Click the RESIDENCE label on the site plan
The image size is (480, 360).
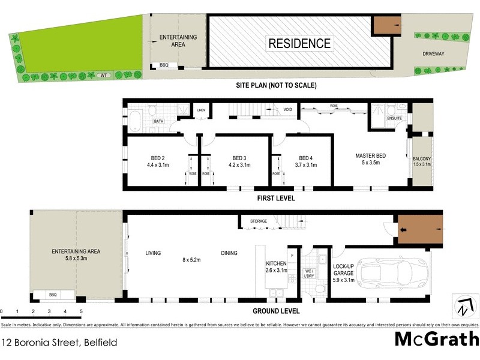299,43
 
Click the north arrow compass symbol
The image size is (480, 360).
463,307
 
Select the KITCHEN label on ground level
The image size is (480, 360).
277,264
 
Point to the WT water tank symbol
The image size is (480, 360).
103,75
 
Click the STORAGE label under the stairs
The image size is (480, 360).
259,221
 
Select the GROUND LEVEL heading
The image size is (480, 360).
276,311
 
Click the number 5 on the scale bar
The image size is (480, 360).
81,311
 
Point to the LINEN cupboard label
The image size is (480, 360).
202,110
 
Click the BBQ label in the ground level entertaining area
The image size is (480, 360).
52,295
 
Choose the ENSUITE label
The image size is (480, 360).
394,118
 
